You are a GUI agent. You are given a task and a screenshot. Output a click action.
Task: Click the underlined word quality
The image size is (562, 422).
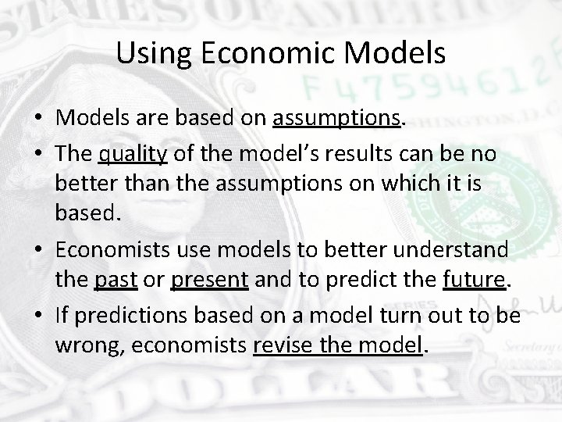(x=133, y=156)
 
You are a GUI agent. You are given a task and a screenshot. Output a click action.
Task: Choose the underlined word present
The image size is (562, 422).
(x=211, y=280)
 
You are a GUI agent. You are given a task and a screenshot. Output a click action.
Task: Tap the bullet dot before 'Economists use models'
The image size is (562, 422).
(x=37, y=249)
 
